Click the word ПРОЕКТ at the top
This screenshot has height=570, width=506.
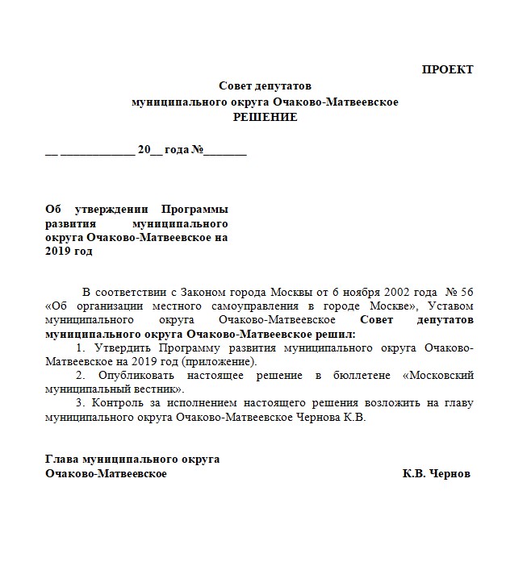point(447,69)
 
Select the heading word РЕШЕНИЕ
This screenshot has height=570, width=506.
point(265,117)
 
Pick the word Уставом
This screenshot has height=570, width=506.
point(451,306)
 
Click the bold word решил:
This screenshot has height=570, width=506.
point(337,333)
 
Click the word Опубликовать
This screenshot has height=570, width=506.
point(129,376)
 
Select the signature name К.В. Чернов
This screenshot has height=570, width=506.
point(436,473)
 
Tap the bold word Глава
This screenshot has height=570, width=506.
point(63,459)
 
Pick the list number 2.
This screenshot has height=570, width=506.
point(79,376)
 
